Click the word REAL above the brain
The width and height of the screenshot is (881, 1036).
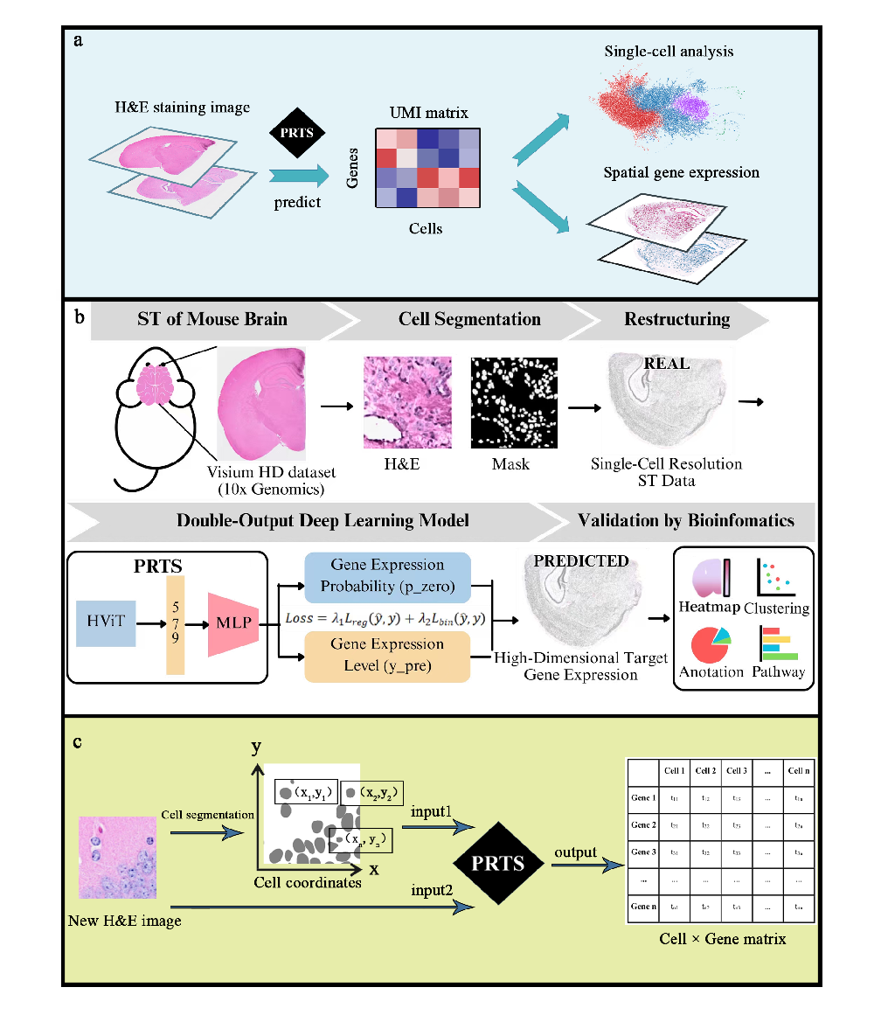pyautogui.click(x=666, y=364)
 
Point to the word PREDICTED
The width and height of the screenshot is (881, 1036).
pyautogui.click(x=581, y=560)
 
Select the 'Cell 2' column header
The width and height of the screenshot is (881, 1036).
pyautogui.click(x=704, y=770)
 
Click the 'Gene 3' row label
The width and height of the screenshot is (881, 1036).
pyautogui.click(x=642, y=852)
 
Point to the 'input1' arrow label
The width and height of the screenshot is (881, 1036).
pyautogui.click(x=431, y=812)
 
